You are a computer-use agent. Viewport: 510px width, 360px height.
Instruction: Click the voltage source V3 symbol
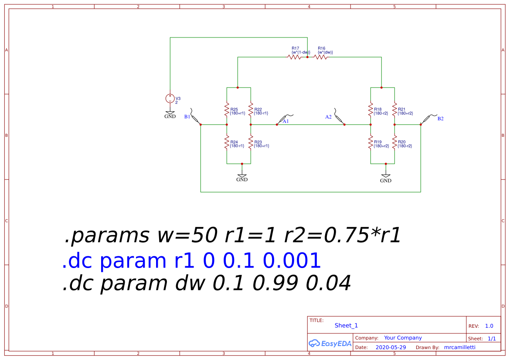coord(170,98)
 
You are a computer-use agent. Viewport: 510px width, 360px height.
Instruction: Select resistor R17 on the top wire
coord(294,57)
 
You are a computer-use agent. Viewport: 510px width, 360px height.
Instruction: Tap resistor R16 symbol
coord(321,57)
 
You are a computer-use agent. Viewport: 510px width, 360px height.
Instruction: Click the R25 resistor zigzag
coord(227,110)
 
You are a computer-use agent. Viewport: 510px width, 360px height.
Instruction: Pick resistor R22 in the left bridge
coord(251,110)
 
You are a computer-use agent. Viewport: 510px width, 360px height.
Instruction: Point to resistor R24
coord(227,143)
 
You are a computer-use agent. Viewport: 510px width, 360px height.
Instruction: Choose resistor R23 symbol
coord(251,143)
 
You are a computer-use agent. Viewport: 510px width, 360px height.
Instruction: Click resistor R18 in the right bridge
coord(371,110)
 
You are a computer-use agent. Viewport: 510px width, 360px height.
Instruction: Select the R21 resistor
coord(394,110)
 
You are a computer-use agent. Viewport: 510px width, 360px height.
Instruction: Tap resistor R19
coord(371,143)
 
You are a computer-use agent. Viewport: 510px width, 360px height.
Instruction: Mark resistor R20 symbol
coord(394,143)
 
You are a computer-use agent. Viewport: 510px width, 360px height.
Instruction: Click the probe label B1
coord(187,117)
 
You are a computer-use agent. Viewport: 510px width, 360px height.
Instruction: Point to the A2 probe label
coord(329,117)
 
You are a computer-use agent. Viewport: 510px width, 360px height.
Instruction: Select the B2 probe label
coord(440,119)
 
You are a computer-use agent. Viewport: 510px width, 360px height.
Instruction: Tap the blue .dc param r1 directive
coord(191,261)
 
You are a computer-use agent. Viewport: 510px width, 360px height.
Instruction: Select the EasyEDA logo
coord(330,343)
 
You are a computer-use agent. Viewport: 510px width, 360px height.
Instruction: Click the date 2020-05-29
coord(391,347)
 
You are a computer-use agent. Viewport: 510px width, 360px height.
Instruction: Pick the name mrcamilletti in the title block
coord(459,347)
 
